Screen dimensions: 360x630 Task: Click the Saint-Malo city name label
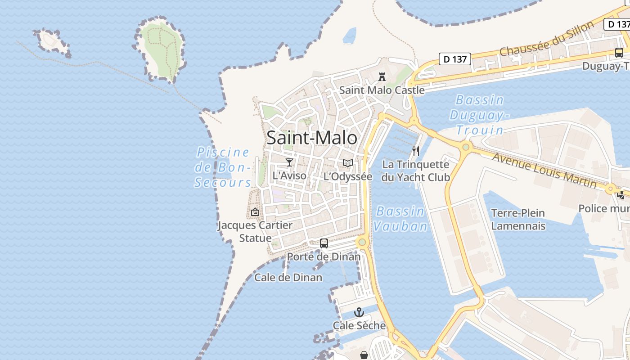(x=312, y=138)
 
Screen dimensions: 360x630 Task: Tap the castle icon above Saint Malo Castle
(x=382, y=76)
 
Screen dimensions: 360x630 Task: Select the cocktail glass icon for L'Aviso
(x=289, y=162)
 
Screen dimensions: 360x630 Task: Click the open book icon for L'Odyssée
(x=348, y=163)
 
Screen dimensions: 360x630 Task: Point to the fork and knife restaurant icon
(x=416, y=151)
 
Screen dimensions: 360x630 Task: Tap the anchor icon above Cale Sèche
(x=359, y=312)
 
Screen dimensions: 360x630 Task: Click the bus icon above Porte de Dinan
(x=324, y=243)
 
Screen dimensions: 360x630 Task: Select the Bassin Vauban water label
(x=400, y=219)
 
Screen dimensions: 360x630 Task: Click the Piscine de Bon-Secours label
(x=223, y=167)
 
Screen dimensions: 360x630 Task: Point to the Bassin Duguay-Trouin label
(x=479, y=115)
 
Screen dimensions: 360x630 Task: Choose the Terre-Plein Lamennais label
(x=518, y=219)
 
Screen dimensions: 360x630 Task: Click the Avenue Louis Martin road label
(x=544, y=170)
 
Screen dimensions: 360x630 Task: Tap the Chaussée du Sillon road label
(x=547, y=39)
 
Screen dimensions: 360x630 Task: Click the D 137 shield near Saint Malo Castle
(x=454, y=59)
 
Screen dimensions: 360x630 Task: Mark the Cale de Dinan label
(x=288, y=277)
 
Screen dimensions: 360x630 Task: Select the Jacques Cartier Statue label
(x=255, y=231)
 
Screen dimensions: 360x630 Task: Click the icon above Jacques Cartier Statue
(x=255, y=211)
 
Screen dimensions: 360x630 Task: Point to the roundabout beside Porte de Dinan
(x=362, y=243)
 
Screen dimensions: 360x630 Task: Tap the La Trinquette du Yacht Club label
(x=415, y=171)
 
